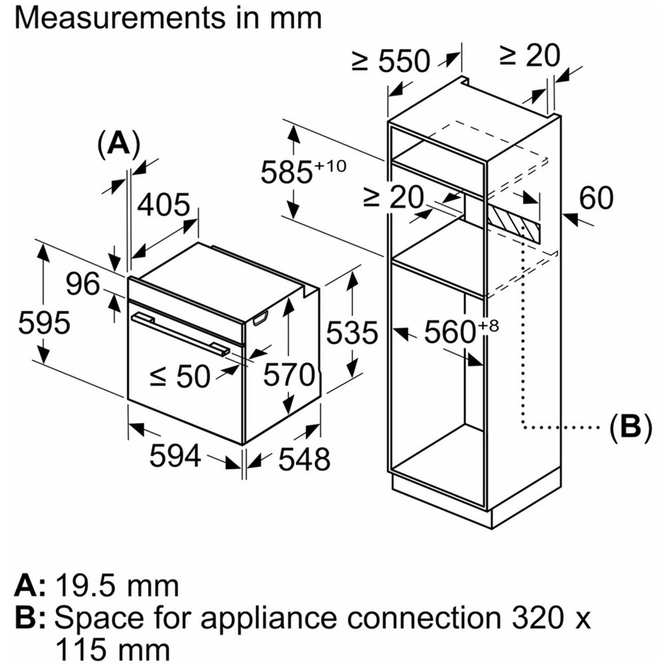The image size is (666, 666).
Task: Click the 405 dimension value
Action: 164,206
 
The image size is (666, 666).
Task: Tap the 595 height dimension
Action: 44,323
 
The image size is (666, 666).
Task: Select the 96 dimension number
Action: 83,284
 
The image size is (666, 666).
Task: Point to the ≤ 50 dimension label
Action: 180,378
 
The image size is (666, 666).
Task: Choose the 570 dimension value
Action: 288,375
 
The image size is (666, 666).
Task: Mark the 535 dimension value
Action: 351,332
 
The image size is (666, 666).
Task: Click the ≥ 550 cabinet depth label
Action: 391,61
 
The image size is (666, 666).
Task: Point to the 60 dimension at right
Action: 595,198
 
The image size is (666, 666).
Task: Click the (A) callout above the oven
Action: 119,143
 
